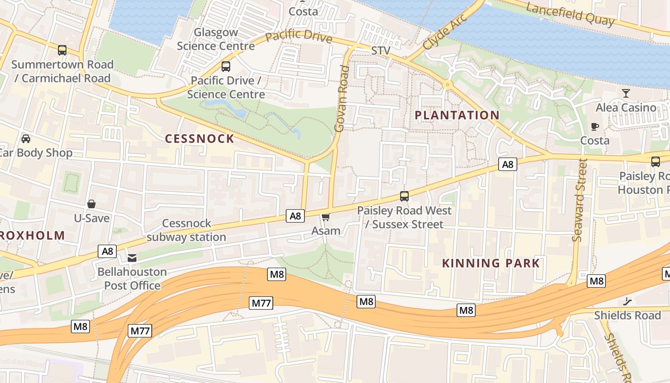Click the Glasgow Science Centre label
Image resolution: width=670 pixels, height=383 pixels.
coord(216,39)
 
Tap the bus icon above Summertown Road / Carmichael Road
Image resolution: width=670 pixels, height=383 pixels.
coord(62,50)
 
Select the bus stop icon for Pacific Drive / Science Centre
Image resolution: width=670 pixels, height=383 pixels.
coord(226,67)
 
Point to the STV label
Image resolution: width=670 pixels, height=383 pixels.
coord(381,51)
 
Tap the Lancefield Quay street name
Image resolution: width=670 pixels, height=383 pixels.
coord(569,14)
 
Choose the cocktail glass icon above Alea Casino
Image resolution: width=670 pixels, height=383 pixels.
coord(626,93)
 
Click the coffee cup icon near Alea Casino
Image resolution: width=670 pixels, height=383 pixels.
coord(595,126)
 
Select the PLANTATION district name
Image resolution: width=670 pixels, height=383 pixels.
coord(457,115)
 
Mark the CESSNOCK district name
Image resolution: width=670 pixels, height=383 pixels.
coord(200,139)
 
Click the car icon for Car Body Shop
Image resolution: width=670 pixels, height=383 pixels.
coord(26,139)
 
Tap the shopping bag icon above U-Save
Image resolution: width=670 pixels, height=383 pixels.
coord(91,204)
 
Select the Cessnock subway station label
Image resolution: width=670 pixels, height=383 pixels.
coord(187,230)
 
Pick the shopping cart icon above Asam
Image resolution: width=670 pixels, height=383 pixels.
coord(326,217)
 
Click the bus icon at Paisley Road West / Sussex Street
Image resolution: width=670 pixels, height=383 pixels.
coord(404,196)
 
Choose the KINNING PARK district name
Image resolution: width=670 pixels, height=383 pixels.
coord(491,263)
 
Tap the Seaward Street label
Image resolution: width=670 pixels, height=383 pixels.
coord(580,200)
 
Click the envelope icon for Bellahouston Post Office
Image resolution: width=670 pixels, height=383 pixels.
coord(132,258)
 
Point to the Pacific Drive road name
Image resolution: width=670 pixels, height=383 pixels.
coord(299,36)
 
